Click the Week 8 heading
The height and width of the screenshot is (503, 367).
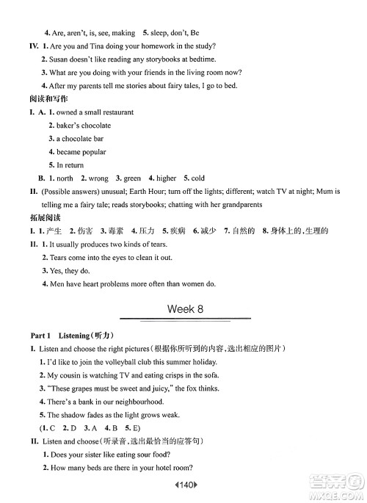pos(185,309)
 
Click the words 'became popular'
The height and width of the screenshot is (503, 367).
pos(81,152)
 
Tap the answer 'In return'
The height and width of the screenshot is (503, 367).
pos(70,165)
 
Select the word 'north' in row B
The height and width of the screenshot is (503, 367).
pos(65,178)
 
